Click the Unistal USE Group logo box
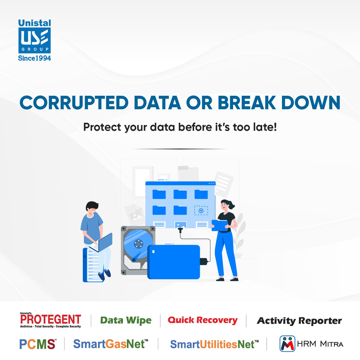(34, 41)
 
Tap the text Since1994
(34, 58)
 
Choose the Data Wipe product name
(126, 320)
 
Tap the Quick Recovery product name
(202, 320)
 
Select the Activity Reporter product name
(299, 321)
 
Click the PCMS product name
(37, 344)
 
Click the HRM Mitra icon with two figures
(287, 344)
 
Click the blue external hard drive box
(174, 262)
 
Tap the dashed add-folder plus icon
(201, 210)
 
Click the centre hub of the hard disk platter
(138, 243)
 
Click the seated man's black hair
(91, 205)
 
